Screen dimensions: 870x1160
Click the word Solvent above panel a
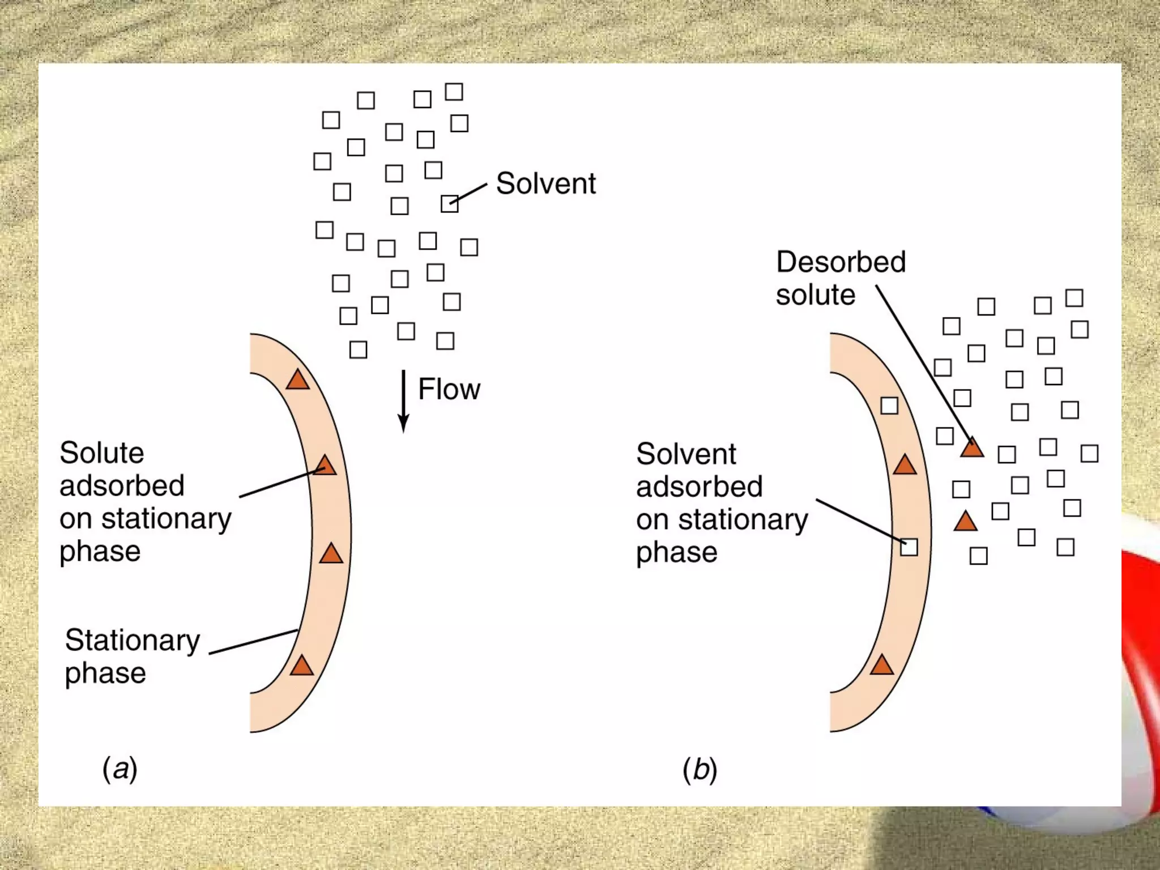click(545, 184)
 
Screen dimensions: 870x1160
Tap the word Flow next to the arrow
click(449, 390)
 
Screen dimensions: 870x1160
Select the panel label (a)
click(120, 769)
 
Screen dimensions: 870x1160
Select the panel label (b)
click(700, 770)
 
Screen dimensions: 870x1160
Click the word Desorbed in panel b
click(841, 262)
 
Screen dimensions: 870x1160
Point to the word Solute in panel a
click(102, 453)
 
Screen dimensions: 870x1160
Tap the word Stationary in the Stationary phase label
click(133, 641)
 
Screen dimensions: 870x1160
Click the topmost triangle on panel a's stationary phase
click(298, 380)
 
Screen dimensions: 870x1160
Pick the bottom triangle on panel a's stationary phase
click(302, 666)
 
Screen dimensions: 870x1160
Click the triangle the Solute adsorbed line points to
click(326, 466)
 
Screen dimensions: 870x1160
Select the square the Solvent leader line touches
click(449, 203)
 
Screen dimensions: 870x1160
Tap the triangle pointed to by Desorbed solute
click(972, 448)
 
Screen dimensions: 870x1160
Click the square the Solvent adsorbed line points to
click(909, 547)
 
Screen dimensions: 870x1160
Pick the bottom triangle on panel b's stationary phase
click(882, 665)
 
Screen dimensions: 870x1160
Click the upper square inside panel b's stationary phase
click(889, 406)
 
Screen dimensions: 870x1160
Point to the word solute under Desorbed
click(815, 295)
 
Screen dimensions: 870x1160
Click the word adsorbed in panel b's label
click(699, 487)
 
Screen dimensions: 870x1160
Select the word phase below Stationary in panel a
click(105, 673)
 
